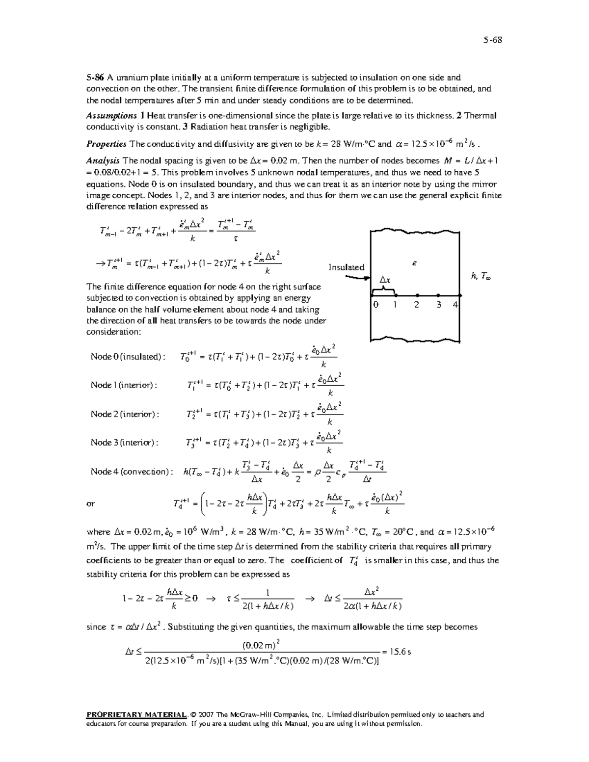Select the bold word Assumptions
(x=111, y=116)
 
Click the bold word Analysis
(x=103, y=161)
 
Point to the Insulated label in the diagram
(x=346, y=267)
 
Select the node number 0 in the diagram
(x=375, y=305)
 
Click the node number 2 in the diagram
(x=416, y=305)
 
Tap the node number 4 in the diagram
(x=455, y=305)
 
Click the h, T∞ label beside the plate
(x=481, y=277)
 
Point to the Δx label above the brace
(x=385, y=280)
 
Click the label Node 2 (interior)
(x=125, y=414)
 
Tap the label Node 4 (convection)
(x=132, y=472)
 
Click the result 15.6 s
(x=401, y=652)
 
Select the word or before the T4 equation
(x=91, y=504)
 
